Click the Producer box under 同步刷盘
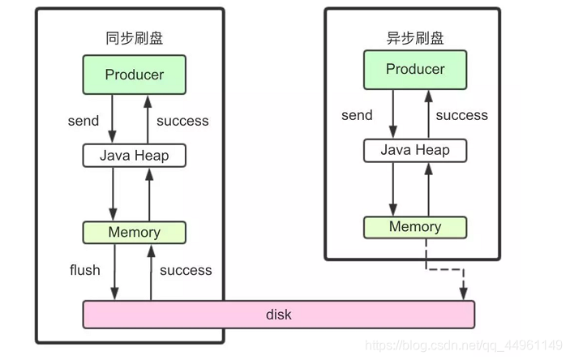point(135,75)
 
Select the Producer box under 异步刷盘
point(415,69)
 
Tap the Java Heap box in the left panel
point(135,155)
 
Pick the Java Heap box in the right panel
point(415,150)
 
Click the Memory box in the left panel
point(135,232)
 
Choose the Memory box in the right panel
point(415,227)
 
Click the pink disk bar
point(278,314)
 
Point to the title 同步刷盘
point(134,39)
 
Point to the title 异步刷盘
point(414,37)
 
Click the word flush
point(85,270)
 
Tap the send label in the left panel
point(84,121)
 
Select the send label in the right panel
point(357,115)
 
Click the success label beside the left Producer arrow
point(182,121)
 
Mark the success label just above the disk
point(186,270)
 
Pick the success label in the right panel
point(462,115)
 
